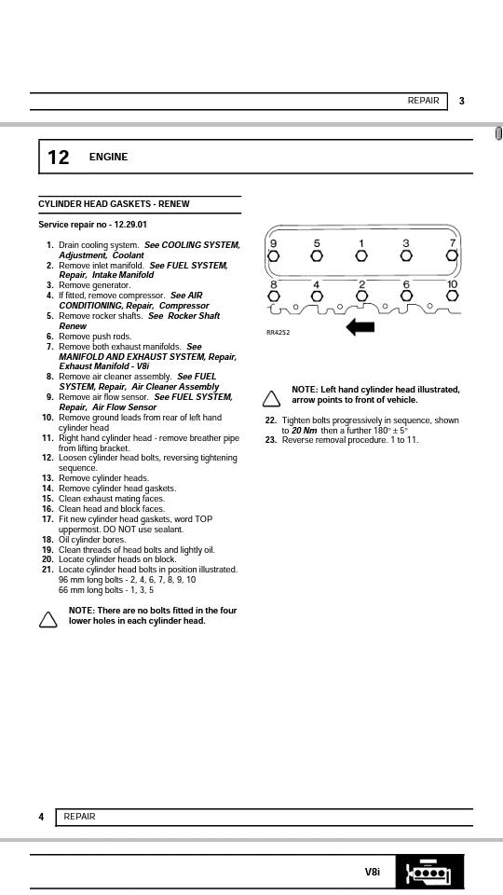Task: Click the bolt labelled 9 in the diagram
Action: pyautogui.click(x=273, y=255)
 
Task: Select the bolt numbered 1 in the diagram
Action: pyautogui.click(x=361, y=255)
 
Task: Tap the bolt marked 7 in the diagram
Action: pyautogui.click(x=453, y=255)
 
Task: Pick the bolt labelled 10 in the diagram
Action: pyautogui.click(x=453, y=296)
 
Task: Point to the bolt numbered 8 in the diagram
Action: pyautogui.click(x=274, y=296)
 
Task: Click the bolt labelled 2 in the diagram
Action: pyautogui.click(x=361, y=296)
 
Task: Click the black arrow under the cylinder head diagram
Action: pyautogui.click(x=360, y=327)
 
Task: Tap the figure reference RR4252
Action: pyautogui.click(x=278, y=332)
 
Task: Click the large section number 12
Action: pyautogui.click(x=58, y=157)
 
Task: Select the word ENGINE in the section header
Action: pyautogui.click(x=108, y=157)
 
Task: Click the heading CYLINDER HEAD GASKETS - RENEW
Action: pyautogui.click(x=114, y=204)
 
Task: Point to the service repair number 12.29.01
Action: pyautogui.click(x=130, y=225)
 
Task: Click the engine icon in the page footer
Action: pyautogui.click(x=429, y=873)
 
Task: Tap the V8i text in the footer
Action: pyautogui.click(x=373, y=872)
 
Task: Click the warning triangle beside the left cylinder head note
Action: pyautogui.click(x=271, y=398)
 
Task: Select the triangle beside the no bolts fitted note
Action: pyautogui.click(x=48, y=619)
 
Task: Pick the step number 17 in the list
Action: pyautogui.click(x=48, y=519)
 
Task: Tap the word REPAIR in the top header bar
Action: pyautogui.click(x=423, y=101)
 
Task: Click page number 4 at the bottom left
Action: pyautogui.click(x=41, y=817)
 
